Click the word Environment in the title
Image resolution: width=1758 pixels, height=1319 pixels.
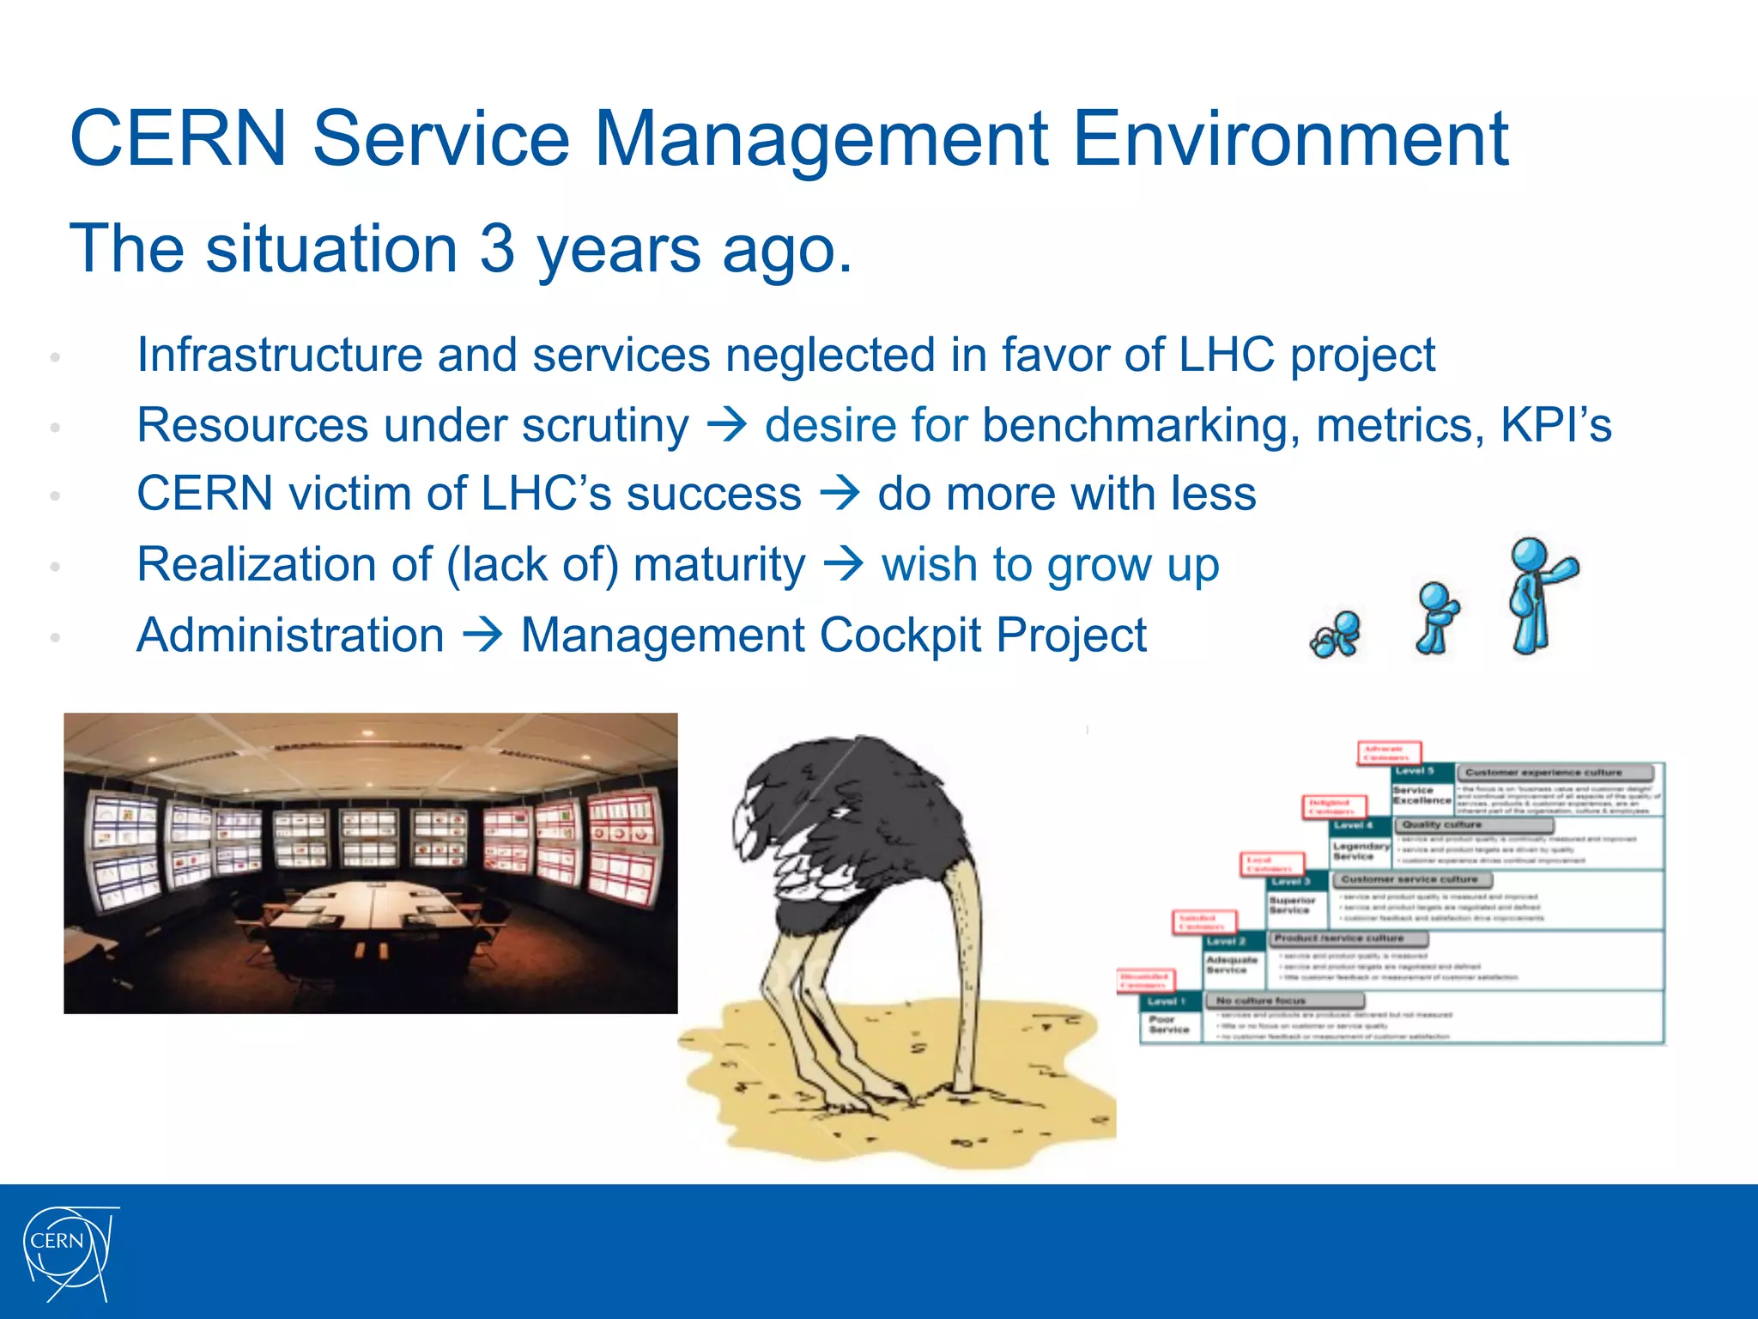[1289, 139]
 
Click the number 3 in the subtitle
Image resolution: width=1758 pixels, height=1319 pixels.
[497, 249]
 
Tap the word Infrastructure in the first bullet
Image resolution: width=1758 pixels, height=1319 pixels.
[279, 355]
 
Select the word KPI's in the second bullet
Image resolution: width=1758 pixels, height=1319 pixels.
[1555, 425]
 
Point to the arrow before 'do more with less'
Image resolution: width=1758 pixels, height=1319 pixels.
[839, 494]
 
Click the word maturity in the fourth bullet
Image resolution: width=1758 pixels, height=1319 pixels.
[718, 565]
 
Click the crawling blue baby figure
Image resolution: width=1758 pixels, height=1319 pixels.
[1336, 635]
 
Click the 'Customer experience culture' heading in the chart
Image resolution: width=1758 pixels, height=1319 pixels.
[1543, 773]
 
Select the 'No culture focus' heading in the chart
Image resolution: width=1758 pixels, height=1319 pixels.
[1260, 1000]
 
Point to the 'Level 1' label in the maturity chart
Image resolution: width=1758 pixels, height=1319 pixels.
[1165, 1001]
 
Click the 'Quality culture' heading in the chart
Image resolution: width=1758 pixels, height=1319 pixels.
[1442, 824]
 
